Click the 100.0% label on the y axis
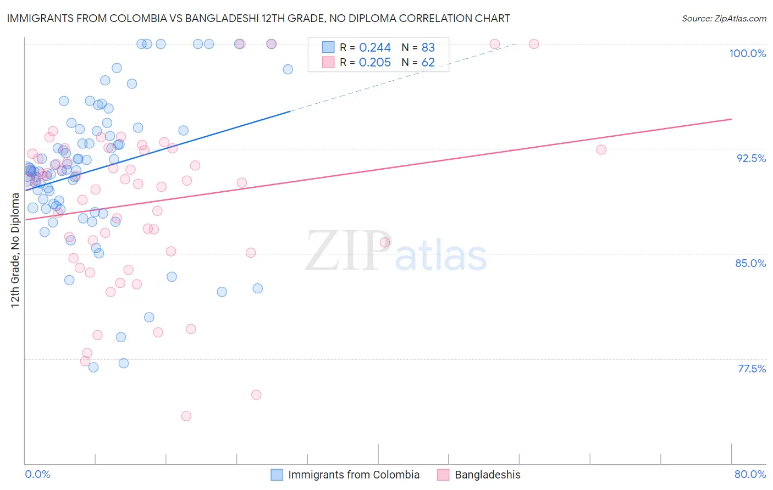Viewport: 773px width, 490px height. (747, 53)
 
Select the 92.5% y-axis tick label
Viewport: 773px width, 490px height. (751, 158)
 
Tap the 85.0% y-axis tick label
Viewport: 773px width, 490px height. (750, 263)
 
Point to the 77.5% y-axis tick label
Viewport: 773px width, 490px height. (752, 369)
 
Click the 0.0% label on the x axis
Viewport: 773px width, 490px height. (37, 474)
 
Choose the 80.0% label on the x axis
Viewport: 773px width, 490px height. (750, 474)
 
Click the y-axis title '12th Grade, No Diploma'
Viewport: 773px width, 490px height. (15, 250)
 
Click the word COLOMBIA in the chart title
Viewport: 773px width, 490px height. (142, 18)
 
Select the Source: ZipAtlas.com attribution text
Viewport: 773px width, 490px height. (724, 18)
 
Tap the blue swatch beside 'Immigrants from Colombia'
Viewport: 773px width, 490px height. (277, 475)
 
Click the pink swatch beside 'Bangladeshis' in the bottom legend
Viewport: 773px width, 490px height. (443, 475)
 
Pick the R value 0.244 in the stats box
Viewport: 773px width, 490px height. (374, 48)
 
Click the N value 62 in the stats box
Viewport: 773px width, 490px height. (428, 62)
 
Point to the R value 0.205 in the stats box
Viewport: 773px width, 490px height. (374, 62)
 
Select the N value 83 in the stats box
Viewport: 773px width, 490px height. (428, 48)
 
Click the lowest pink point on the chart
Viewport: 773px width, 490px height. (186, 416)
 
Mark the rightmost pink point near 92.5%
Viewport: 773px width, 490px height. (601, 149)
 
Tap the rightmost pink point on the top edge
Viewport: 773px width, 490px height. (533, 44)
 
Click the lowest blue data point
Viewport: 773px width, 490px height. (93, 367)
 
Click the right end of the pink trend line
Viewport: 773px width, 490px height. (731, 119)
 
